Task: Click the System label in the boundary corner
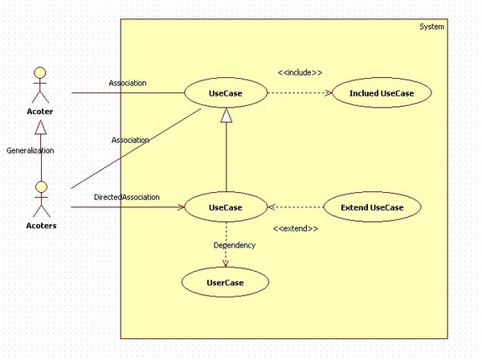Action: pyautogui.click(x=431, y=27)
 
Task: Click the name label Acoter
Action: pyautogui.click(x=39, y=112)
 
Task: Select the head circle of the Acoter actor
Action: pyautogui.click(x=39, y=74)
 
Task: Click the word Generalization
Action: pyautogui.click(x=30, y=150)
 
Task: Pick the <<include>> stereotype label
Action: pyautogui.click(x=300, y=72)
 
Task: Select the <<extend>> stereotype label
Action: pyautogui.click(x=296, y=229)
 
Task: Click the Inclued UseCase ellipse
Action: pyautogui.click(x=382, y=94)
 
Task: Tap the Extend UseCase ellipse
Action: pyautogui.click(x=371, y=208)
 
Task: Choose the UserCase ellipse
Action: pyautogui.click(x=225, y=282)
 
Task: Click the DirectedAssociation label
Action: pyautogui.click(x=126, y=197)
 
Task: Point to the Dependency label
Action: pyautogui.click(x=235, y=245)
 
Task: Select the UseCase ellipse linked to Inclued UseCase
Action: pyautogui.click(x=225, y=94)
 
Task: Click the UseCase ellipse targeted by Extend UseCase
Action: pyautogui.click(x=225, y=208)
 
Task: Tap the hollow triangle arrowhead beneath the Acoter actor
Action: pyautogui.click(x=39, y=127)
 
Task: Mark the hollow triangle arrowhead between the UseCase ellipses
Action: pyautogui.click(x=226, y=117)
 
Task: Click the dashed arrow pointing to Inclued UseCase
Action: pyautogui.click(x=298, y=94)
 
